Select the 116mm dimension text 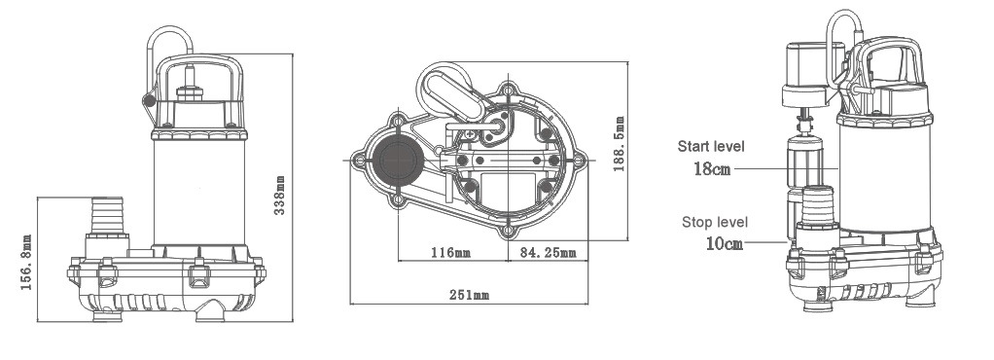450,253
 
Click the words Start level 711,147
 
